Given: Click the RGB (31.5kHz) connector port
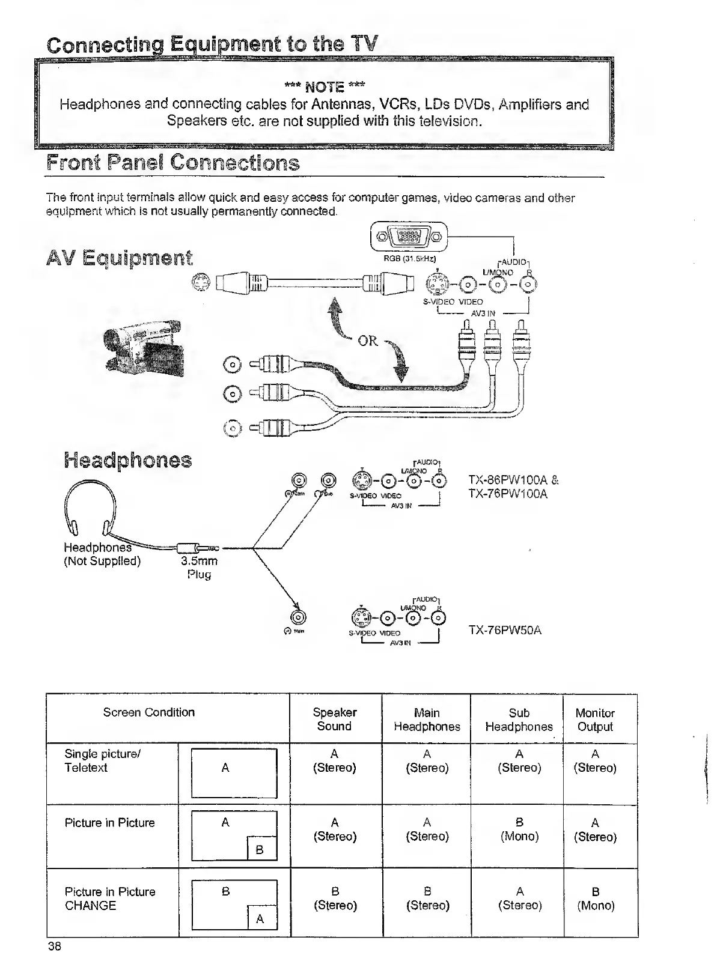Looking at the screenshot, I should coord(409,235).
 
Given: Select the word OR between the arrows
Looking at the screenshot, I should coord(368,341).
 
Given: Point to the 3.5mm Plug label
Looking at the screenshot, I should coord(199,568).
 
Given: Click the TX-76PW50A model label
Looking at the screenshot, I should coord(505,630).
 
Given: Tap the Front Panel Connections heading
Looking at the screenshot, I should coord(173,163).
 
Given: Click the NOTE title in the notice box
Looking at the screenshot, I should coord(325,88).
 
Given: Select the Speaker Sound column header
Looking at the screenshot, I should coord(335,719).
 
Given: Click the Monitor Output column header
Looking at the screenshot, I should coord(595,720).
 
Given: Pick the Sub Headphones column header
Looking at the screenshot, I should coord(519,720).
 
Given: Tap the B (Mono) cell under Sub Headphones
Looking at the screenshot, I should coord(519,829).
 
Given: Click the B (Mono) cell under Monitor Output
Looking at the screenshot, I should coord(596,898).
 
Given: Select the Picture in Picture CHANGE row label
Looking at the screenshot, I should coord(110,899).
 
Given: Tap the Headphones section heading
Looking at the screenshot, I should coord(128,460).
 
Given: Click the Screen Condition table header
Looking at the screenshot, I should coord(149,712).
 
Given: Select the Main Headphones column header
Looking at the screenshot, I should coord(427,720).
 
